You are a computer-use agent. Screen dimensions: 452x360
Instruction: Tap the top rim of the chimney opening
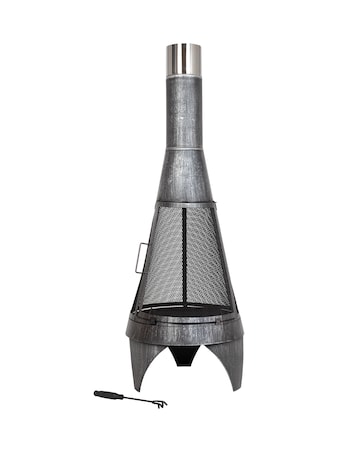tap(182, 44)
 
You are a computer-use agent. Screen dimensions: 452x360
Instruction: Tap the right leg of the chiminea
tap(231, 365)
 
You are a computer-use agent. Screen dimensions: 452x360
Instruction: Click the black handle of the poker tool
tap(108, 395)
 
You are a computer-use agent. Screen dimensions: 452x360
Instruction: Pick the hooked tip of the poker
tap(158, 404)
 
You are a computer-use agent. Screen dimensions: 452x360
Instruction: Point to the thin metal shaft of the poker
tap(135, 400)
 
